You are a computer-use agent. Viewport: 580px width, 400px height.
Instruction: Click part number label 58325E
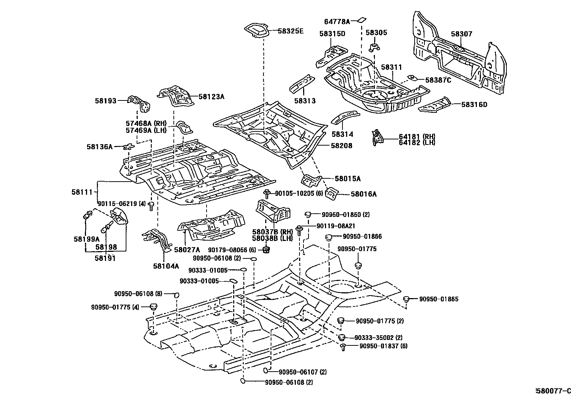290,31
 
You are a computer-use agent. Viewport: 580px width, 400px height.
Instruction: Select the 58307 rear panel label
461,34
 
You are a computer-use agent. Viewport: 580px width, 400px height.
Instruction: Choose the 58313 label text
305,101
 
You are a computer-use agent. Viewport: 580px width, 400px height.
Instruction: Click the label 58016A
364,194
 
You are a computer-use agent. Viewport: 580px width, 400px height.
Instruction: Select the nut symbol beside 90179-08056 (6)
266,250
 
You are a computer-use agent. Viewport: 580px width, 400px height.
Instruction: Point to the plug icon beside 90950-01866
329,238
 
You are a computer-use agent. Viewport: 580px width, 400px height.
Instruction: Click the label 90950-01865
439,299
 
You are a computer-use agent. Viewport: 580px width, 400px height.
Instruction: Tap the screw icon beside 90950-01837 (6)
343,347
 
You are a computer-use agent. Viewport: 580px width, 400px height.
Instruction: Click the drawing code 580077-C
553,391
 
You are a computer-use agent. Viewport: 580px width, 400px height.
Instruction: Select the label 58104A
166,266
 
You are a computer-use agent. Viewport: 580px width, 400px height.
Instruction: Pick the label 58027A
187,250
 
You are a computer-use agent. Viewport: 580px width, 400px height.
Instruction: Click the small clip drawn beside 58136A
128,147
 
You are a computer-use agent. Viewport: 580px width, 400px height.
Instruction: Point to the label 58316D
474,104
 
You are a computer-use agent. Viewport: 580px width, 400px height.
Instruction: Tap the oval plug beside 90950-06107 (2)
267,371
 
